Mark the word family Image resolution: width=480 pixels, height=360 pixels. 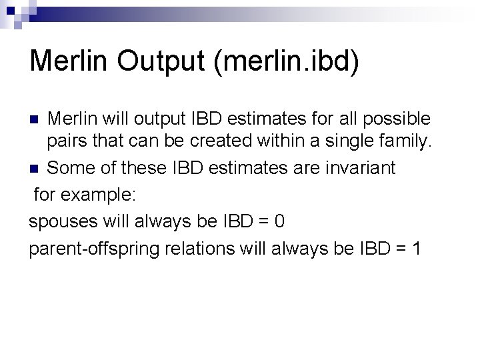tap(409, 142)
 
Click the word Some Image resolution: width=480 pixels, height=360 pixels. tap(70, 168)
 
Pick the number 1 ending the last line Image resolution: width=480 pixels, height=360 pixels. tap(416, 249)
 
